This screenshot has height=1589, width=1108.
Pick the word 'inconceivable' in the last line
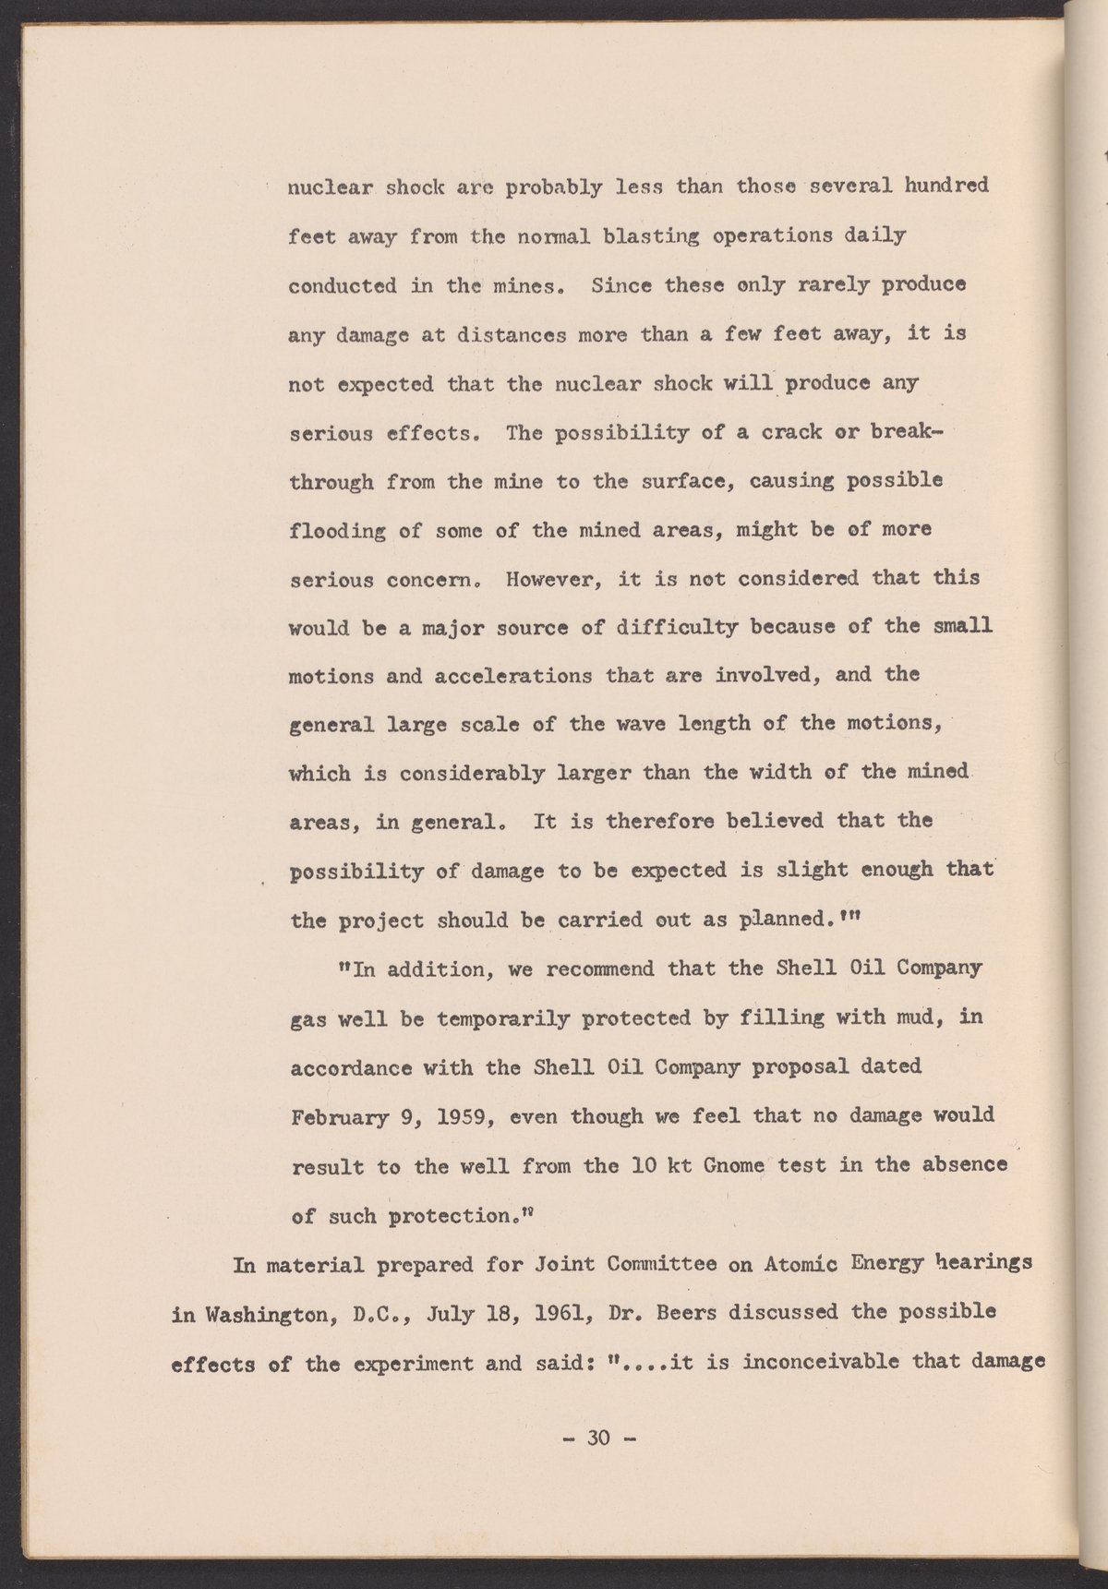coord(801,1362)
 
